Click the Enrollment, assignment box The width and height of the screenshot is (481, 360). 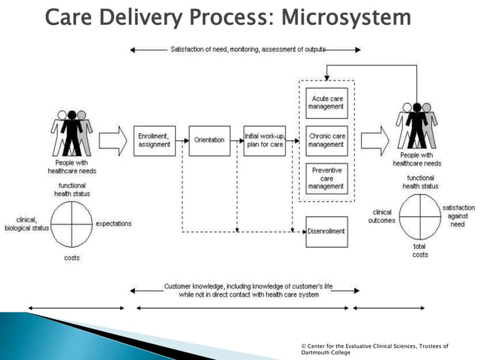[x=154, y=140]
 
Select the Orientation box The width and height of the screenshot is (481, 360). [x=209, y=140]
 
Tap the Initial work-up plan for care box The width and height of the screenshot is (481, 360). [x=264, y=140]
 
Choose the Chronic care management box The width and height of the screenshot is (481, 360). [x=326, y=140]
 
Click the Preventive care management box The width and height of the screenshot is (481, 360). [x=326, y=178]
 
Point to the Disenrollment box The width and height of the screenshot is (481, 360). [x=326, y=231]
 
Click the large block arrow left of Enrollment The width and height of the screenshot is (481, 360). [x=114, y=139]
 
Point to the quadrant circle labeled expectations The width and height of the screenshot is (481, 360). [x=71, y=224]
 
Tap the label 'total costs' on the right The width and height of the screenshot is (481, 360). [x=420, y=250]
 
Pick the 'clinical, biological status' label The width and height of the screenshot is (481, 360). [x=27, y=224]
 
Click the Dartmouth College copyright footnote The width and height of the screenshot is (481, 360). [x=374, y=349]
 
